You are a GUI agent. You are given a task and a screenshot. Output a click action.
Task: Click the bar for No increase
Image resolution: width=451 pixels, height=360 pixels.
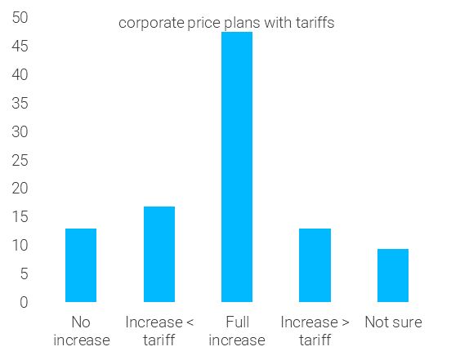click(81, 265)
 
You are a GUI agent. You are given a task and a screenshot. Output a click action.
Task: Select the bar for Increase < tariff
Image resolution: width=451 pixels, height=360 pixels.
click(159, 254)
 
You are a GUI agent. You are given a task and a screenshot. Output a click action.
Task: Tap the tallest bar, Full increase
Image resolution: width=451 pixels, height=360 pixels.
click(237, 167)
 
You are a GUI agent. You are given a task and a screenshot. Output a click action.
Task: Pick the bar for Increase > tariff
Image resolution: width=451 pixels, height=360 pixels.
click(315, 265)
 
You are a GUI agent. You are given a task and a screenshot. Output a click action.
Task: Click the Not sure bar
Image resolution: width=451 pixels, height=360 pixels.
click(393, 275)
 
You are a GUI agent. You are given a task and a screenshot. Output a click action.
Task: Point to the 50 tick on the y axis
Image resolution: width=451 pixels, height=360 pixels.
click(20, 18)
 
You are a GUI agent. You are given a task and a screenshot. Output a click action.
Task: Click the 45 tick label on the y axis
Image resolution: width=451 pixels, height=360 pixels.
click(20, 47)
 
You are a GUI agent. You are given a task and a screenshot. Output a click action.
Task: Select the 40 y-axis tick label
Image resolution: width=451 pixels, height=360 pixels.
click(20, 75)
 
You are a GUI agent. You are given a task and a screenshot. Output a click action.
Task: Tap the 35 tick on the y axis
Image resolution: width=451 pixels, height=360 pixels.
click(20, 104)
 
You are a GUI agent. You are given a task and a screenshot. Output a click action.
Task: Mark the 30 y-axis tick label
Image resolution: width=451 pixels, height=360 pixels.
click(20, 132)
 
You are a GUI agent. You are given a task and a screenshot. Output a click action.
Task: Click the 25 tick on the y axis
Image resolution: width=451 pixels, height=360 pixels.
click(20, 160)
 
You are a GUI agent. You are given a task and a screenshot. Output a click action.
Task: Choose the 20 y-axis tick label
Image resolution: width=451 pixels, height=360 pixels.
click(20, 189)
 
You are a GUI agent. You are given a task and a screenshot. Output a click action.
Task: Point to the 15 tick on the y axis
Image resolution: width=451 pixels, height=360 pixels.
click(20, 217)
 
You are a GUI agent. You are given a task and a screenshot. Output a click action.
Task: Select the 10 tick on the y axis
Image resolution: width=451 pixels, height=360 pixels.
click(20, 246)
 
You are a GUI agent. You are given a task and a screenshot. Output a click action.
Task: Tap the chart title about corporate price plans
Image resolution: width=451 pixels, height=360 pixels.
click(226, 23)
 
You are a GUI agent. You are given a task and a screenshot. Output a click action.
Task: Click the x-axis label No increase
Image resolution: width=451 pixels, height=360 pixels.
click(81, 331)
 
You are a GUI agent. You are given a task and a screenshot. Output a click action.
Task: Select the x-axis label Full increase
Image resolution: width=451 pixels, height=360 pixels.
click(237, 331)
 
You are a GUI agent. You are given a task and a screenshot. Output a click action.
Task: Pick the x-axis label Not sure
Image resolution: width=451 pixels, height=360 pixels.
click(393, 322)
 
